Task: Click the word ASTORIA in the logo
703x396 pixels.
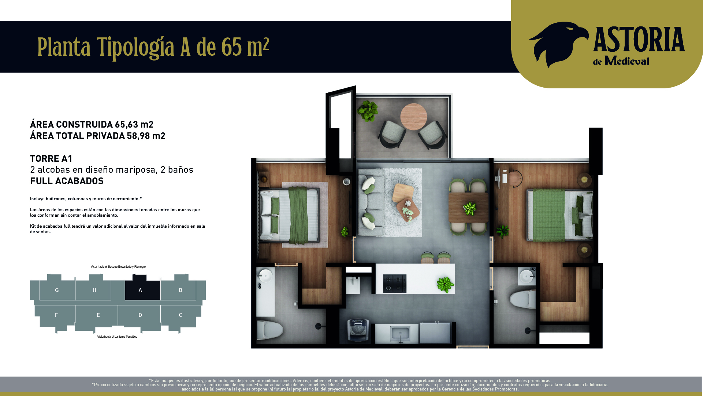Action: coord(639,40)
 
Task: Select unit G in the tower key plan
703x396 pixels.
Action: coord(57,290)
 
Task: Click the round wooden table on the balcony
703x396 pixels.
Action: coord(414,117)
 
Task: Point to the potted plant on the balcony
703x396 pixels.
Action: coord(368,111)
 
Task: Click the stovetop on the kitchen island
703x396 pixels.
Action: coord(395,283)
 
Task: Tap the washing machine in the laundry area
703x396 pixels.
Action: coord(358,330)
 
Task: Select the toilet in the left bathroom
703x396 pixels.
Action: coord(270,330)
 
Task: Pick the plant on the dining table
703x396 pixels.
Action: coord(470,209)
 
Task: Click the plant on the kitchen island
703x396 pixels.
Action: coord(446,285)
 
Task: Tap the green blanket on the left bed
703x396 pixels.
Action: coord(298,216)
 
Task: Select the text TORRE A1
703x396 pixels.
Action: coord(51,159)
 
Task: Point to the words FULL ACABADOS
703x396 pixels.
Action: coord(67,181)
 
